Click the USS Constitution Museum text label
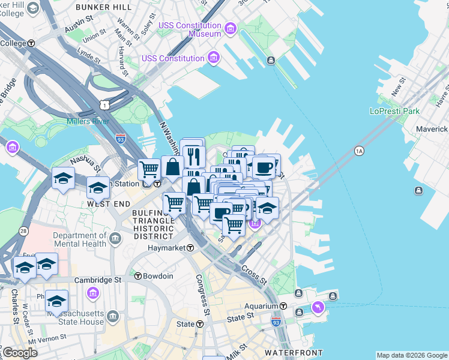[x=190, y=29]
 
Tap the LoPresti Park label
[x=394, y=112]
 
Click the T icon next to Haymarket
[x=190, y=248]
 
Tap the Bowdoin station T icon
[x=138, y=276]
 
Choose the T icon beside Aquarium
[x=299, y=305]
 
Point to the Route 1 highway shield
[x=106, y=105]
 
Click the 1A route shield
[x=359, y=151]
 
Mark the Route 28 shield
[x=23, y=231]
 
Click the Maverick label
[x=432, y=129]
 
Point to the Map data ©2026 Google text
[x=411, y=355]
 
